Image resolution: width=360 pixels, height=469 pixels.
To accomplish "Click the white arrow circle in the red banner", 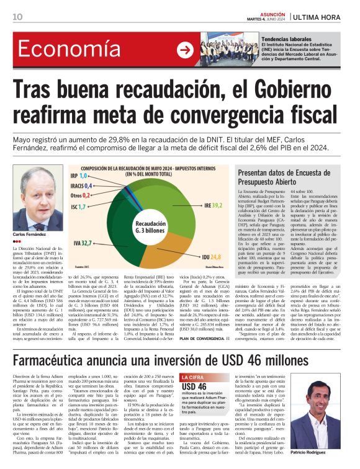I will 185,50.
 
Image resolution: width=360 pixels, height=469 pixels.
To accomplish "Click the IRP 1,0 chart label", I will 78,176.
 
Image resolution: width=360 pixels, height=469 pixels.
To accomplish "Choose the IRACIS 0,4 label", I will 82,185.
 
